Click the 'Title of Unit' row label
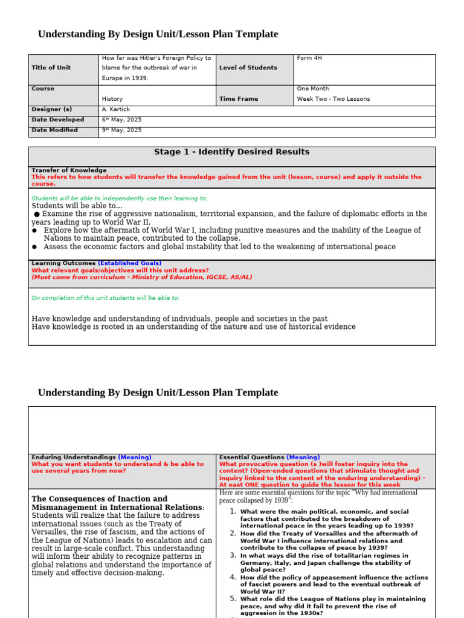click(x=51, y=68)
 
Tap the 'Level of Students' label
click(x=248, y=68)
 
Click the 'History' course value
click(x=112, y=99)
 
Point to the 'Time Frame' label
click(x=239, y=99)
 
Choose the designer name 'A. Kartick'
click(x=116, y=109)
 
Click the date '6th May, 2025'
click(x=121, y=119)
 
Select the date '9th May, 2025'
click(x=121, y=130)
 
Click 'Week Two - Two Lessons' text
click(x=333, y=99)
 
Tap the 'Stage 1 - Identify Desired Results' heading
click(x=231, y=152)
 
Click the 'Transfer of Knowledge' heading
click(x=69, y=170)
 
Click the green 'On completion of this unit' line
click(x=105, y=298)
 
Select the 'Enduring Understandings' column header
click(x=74, y=457)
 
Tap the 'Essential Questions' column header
click(x=252, y=457)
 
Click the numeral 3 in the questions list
click(x=233, y=555)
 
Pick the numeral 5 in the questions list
click(x=233, y=599)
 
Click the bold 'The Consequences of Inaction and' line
click(x=100, y=499)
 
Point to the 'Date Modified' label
click(x=54, y=130)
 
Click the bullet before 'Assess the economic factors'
click(x=35, y=247)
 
